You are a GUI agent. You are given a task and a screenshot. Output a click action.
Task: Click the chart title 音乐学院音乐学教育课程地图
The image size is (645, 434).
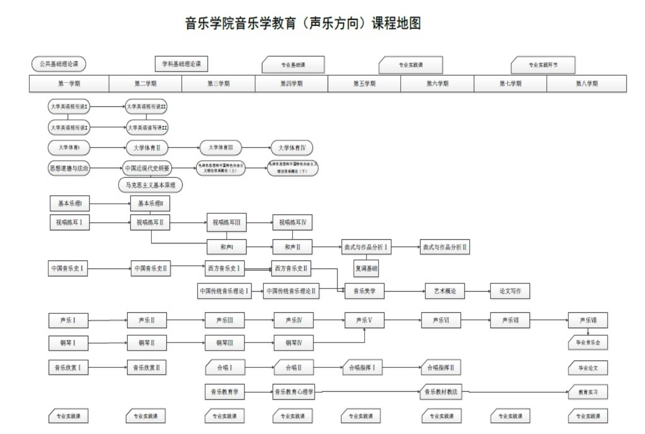click(303, 23)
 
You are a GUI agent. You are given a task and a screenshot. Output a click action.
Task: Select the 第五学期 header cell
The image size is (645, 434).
click(364, 84)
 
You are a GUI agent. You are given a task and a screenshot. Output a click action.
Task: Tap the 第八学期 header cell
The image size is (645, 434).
click(586, 84)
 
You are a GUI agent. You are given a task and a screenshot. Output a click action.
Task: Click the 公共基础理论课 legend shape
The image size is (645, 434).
click(59, 64)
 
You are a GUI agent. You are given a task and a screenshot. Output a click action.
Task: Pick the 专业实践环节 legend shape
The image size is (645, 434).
click(543, 65)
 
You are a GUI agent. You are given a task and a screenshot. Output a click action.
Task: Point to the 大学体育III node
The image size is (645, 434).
click(221, 148)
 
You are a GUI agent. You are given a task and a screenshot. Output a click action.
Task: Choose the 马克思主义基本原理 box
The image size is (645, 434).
click(151, 185)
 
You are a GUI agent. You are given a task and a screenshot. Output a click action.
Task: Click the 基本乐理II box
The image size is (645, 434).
click(150, 204)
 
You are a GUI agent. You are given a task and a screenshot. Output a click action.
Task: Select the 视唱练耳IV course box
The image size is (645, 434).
click(293, 223)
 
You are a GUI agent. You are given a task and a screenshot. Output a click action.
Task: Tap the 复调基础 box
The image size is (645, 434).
click(366, 269)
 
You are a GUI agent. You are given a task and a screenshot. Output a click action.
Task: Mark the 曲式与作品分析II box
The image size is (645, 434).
click(445, 247)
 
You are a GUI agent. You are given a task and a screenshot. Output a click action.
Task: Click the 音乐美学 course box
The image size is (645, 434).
click(364, 291)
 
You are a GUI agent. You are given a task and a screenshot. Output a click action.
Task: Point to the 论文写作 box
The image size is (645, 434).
click(510, 291)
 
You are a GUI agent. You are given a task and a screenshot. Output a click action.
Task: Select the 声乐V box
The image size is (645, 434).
click(364, 320)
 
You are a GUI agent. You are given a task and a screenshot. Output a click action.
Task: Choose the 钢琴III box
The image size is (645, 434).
click(224, 343)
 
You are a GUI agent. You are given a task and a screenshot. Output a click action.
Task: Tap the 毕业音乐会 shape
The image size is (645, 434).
click(588, 343)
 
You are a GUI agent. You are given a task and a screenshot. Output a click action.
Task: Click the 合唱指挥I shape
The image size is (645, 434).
click(362, 368)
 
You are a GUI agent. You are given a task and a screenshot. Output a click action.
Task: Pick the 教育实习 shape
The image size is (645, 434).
click(588, 392)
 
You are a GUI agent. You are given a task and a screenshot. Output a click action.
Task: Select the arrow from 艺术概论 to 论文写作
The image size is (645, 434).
click(477, 291)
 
